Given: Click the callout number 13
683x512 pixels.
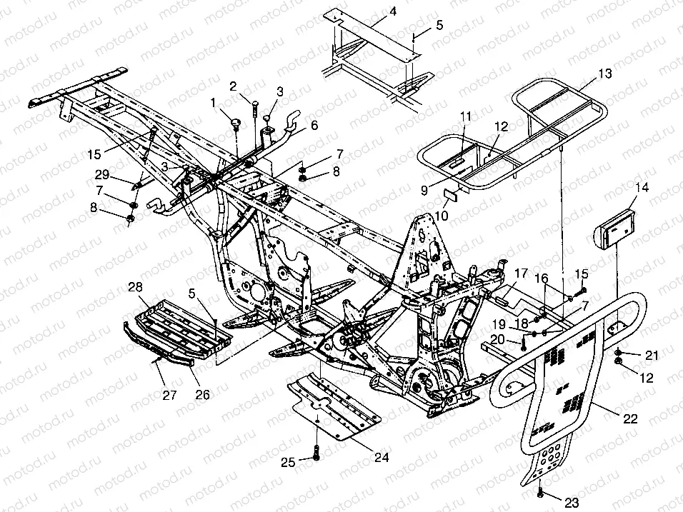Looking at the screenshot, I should click(604, 74).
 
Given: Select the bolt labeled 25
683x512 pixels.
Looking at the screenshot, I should click(316, 453).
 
